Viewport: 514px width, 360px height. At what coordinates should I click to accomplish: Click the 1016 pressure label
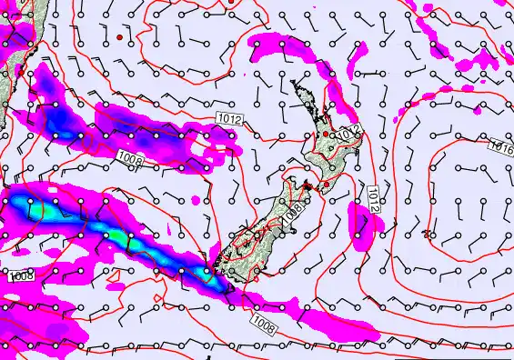point(500,145)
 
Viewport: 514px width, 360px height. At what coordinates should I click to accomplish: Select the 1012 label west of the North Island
point(229,118)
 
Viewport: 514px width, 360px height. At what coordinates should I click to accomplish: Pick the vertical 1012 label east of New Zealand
point(373,198)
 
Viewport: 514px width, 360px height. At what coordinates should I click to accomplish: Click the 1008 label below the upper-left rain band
point(130,159)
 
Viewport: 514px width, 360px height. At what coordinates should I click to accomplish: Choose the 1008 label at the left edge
point(18,274)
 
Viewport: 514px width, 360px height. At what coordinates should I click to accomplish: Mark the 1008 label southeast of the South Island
point(264,320)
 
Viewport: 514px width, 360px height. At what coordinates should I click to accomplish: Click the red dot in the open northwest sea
point(118,37)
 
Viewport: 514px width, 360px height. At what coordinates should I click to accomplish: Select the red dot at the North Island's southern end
point(326,185)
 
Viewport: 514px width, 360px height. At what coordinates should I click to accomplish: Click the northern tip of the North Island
point(293,81)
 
